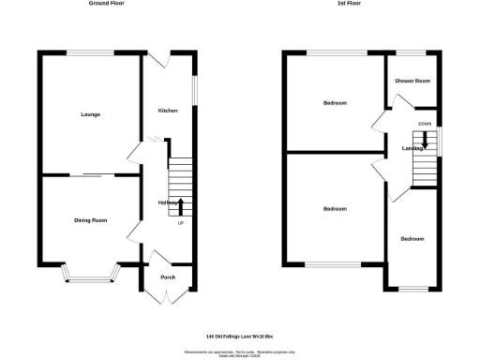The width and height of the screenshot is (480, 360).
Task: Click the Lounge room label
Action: pyautogui.click(x=90, y=114)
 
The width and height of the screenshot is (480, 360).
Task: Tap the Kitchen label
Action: pyautogui.click(x=168, y=111)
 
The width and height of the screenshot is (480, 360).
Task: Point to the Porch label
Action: pyautogui.click(x=168, y=277)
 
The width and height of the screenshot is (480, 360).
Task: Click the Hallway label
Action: pyautogui.click(x=169, y=202)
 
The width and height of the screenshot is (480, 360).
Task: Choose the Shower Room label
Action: pyautogui.click(x=412, y=82)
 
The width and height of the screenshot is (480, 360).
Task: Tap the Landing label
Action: pyautogui.click(x=414, y=148)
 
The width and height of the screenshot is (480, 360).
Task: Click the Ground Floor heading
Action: pyautogui.click(x=107, y=5)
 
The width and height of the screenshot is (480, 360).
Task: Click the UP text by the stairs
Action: pyautogui.click(x=181, y=222)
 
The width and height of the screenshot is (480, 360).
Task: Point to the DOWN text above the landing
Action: pyautogui.click(x=425, y=123)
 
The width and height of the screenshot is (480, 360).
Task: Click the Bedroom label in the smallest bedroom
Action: pyautogui.click(x=412, y=239)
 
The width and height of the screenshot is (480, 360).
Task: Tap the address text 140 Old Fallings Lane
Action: pyautogui.click(x=239, y=336)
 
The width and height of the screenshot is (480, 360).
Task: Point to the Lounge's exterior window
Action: pyautogui.click(x=90, y=52)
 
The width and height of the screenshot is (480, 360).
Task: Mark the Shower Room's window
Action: pyautogui.click(x=412, y=52)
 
